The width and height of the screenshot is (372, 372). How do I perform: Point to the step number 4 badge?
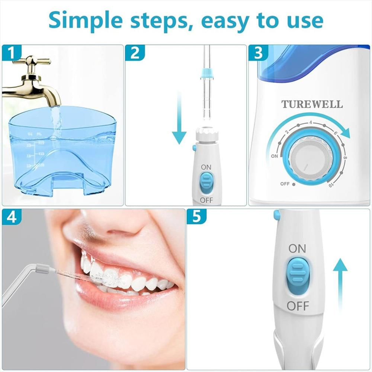tap(11, 217)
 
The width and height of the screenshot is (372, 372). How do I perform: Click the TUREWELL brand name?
tap(312, 104)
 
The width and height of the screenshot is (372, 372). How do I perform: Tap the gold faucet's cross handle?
tap(32, 61)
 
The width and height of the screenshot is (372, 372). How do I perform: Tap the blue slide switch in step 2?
tap(205, 183)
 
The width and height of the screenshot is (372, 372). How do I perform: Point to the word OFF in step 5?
tap(298, 307)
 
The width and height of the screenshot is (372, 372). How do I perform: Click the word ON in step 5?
tap(298, 248)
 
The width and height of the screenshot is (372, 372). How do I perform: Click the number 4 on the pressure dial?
tap(310, 123)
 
